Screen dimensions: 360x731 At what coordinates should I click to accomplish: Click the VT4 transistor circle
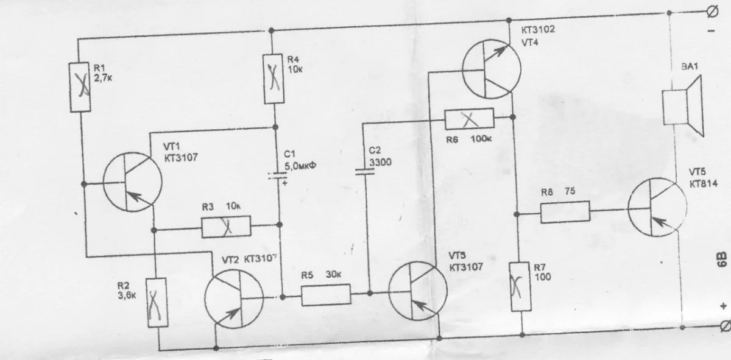[x=492, y=68]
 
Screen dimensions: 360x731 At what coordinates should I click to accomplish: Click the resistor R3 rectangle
[x=226, y=228]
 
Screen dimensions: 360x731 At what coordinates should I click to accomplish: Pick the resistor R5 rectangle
[x=327, y=297]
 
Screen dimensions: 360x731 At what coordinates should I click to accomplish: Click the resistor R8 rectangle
[x=565, y=212]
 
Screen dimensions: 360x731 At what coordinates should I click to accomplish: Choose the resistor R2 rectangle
[x=157, y=302]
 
